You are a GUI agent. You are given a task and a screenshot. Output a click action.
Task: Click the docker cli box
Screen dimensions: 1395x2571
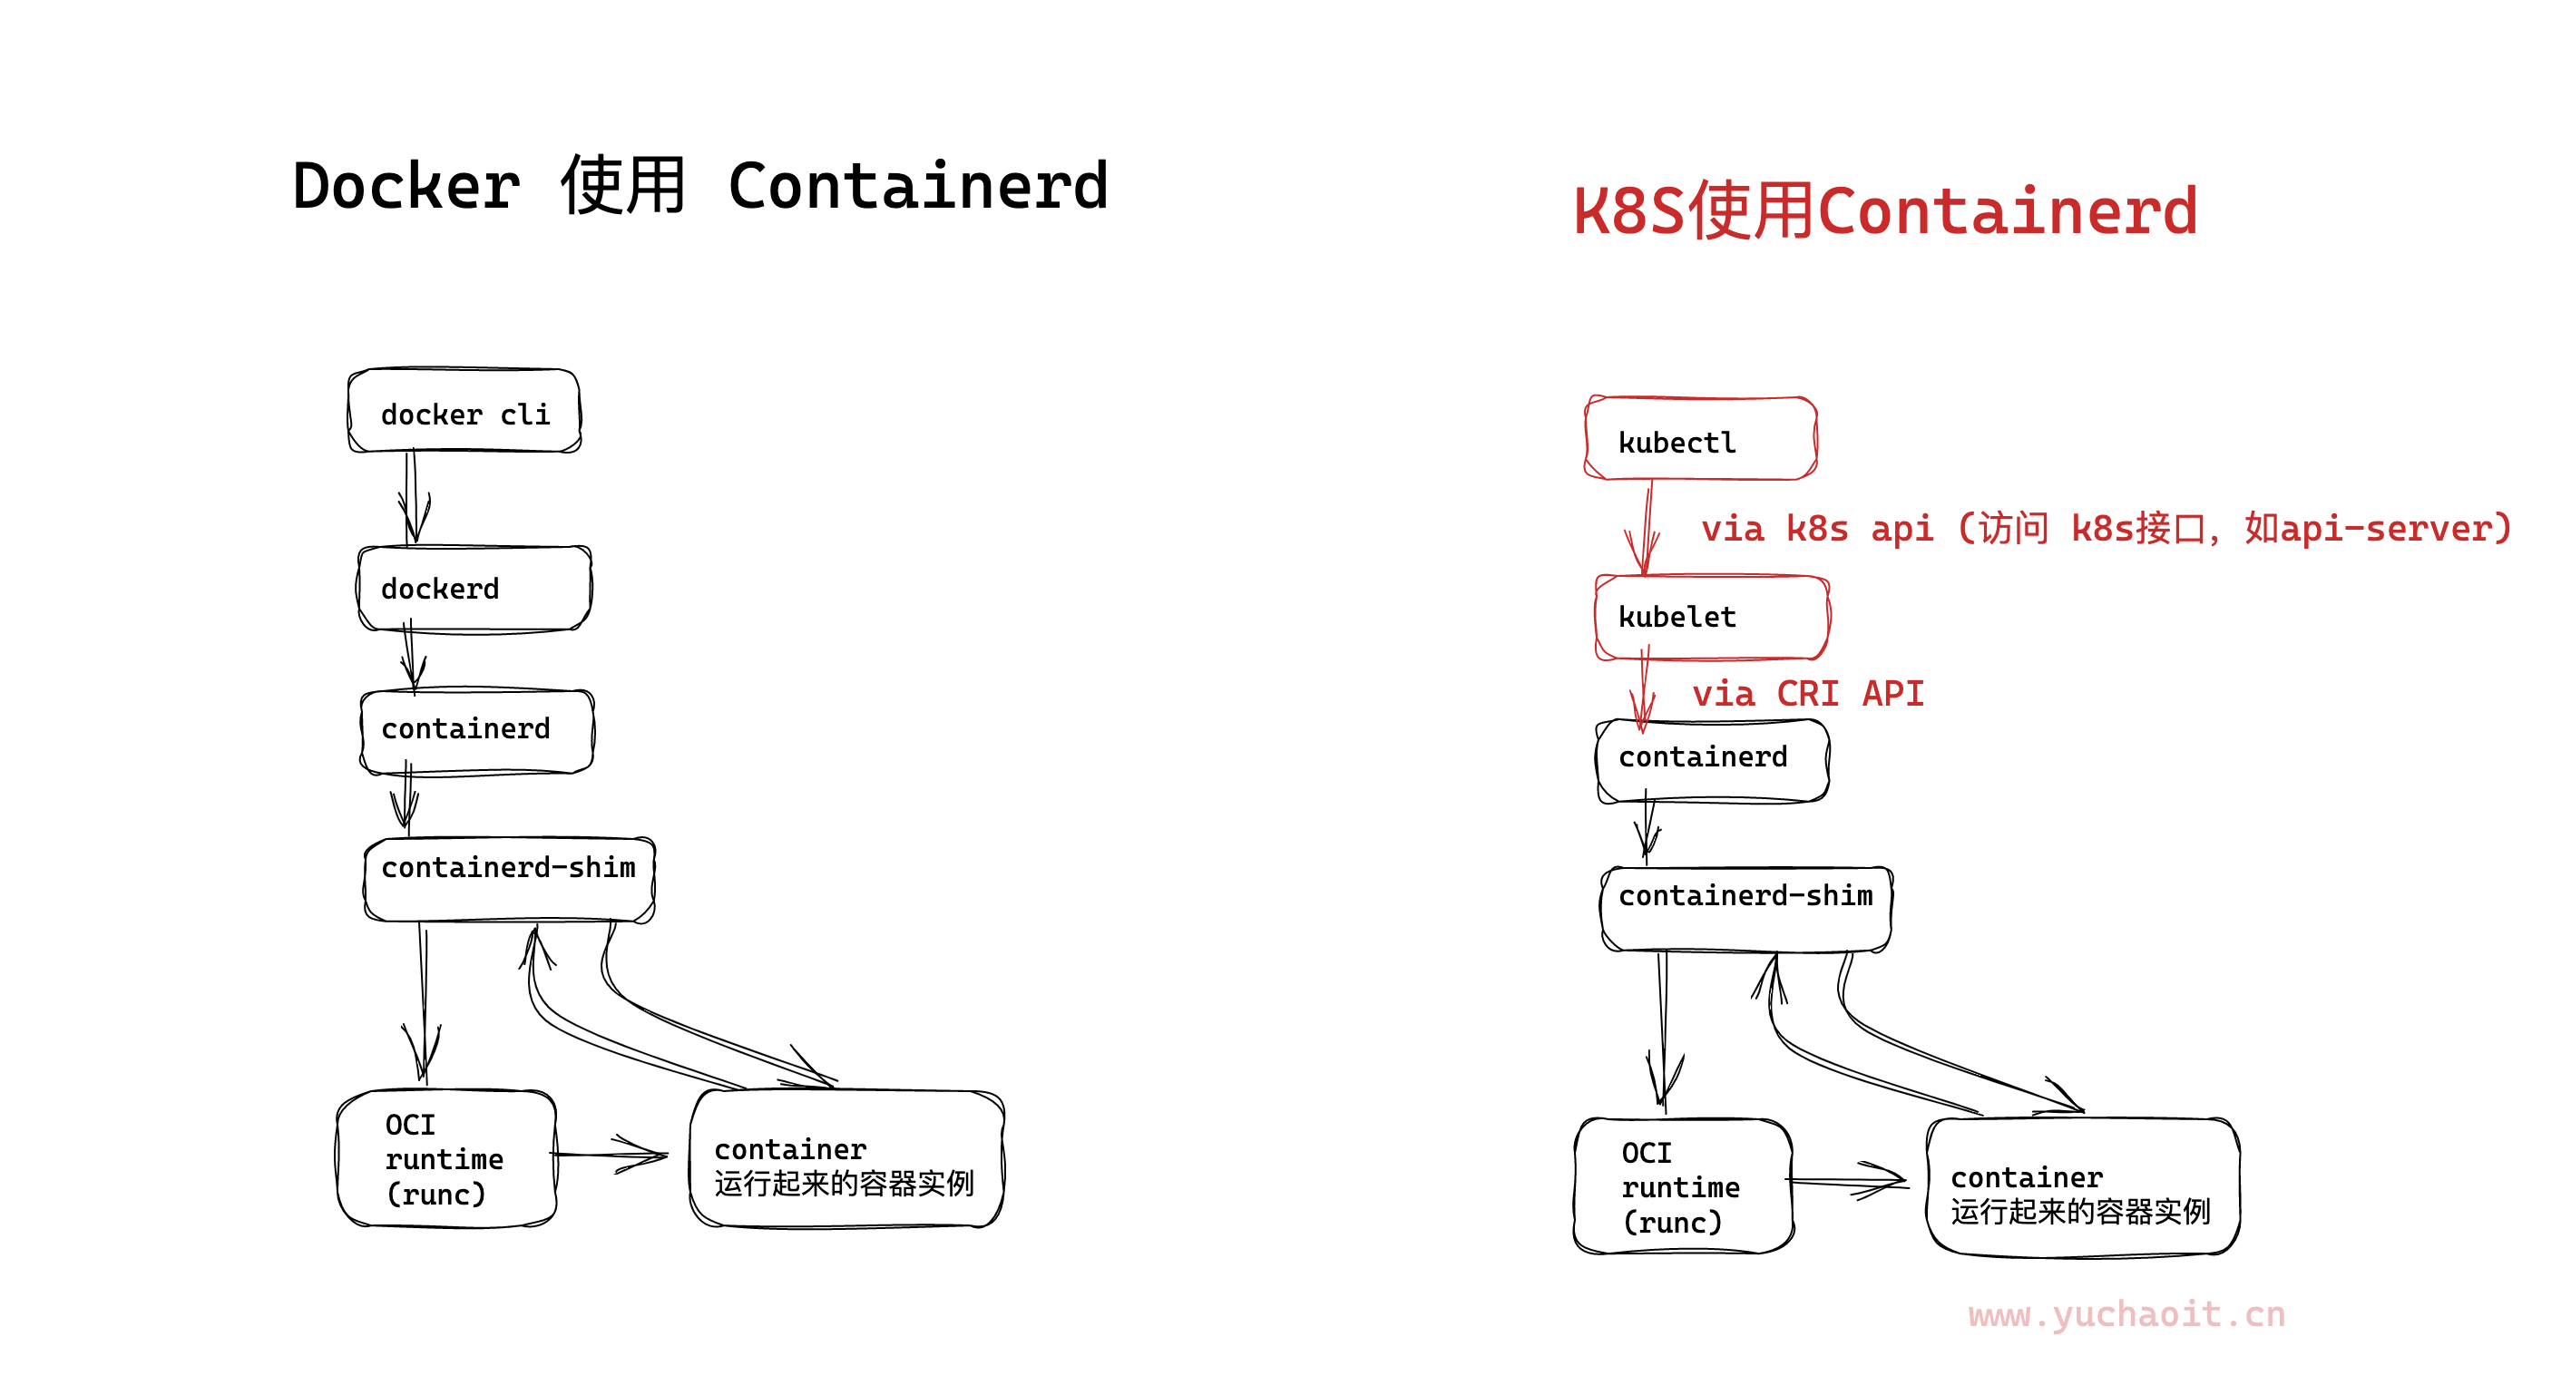[464, 411]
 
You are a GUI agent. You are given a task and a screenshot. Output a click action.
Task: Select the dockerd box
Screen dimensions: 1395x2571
[474, 588]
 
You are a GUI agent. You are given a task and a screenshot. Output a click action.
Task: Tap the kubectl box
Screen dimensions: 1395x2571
[1701, 439]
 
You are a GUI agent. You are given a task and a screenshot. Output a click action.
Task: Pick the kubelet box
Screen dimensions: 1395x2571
[1712, 617]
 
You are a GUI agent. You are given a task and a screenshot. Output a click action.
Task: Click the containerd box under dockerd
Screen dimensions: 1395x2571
[476, 730]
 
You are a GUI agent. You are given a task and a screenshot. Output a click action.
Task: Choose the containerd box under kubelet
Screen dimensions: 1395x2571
[1712, 759]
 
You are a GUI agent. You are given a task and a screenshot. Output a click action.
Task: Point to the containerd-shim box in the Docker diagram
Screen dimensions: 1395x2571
[509, 878]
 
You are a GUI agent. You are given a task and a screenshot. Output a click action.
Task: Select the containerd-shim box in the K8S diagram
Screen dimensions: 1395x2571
[1745, 907]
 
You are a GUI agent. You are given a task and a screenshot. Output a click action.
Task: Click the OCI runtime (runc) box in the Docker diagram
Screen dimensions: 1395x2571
[446, 1158]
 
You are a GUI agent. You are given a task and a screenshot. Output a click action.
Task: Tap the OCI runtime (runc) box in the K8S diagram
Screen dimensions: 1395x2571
[1683, 1186]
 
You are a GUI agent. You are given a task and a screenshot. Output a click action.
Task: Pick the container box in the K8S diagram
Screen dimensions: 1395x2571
[2083, 1187]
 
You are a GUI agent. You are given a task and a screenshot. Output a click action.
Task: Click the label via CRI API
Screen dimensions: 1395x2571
[1807, 694]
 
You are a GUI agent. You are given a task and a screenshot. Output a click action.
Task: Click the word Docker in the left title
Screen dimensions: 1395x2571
[406, 187]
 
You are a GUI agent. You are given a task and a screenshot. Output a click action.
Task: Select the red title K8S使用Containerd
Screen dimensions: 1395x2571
[1885, 211]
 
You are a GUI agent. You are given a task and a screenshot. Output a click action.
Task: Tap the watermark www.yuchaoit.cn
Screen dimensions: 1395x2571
[2126, 1314]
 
